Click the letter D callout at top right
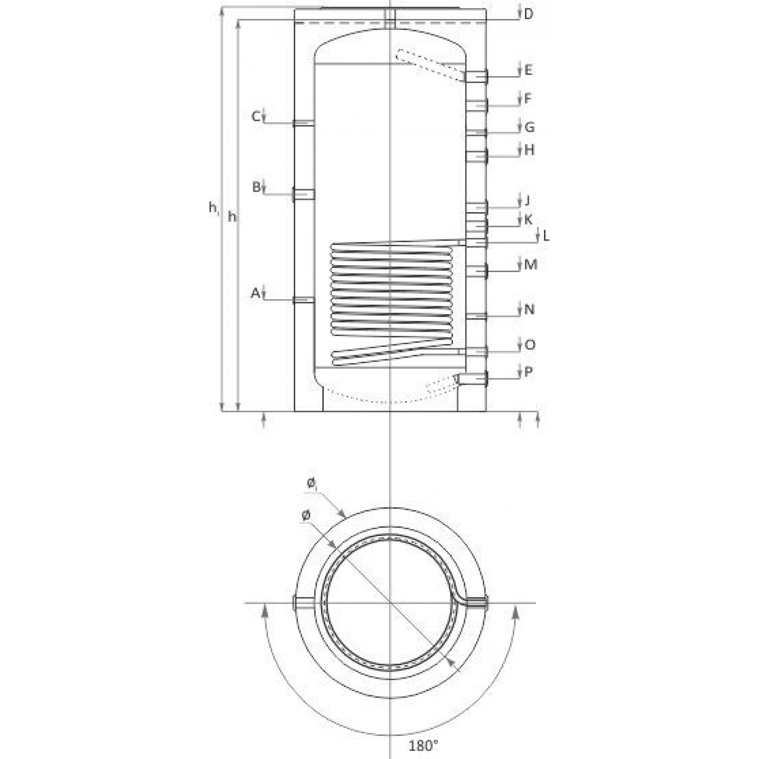529,14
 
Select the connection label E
528,70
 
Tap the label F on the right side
528,99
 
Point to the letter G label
529,127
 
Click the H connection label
529,150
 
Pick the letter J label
527,201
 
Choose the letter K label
528,220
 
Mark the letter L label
546,236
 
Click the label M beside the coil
531,265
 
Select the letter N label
529,310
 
